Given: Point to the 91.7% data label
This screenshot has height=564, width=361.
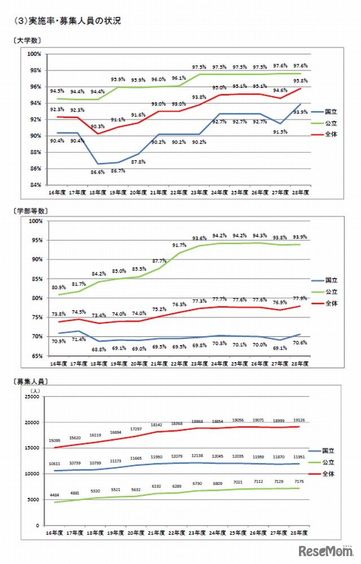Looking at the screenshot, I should click(x=179, y=245).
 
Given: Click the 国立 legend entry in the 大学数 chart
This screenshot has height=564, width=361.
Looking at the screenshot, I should click(x=331, y=112).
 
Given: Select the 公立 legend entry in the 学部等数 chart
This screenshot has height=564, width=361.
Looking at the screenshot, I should click(x=331, y=292).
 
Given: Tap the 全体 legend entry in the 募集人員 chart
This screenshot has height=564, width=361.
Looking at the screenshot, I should click(x=329, y=474).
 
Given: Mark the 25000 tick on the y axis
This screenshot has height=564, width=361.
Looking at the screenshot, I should click(x=32, y=397).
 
